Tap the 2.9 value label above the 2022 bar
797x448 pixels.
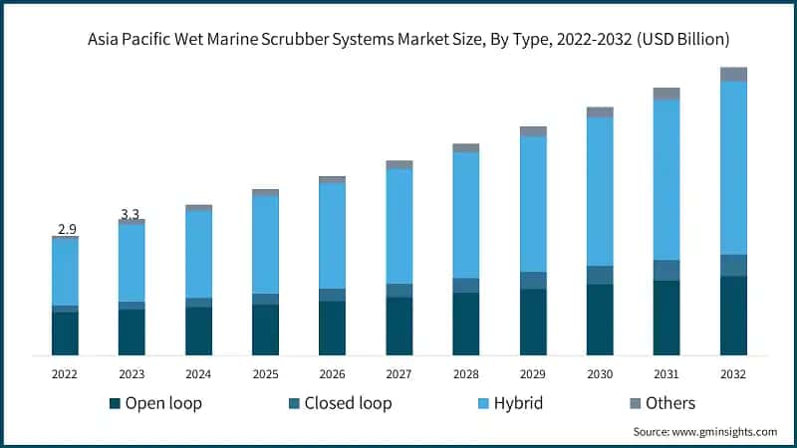67,229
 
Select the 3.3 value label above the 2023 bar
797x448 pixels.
131,214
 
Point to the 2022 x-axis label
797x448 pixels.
65,373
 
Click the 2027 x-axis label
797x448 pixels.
398,373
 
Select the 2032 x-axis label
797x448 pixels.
733,373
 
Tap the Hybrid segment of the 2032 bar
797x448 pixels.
733,167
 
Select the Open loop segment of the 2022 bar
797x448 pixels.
65,334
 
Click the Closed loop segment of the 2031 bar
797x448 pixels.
666,270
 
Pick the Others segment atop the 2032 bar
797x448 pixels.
733,74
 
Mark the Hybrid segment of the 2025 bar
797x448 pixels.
265,244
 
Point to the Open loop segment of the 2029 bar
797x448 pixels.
533,322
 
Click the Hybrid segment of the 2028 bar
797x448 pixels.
465,214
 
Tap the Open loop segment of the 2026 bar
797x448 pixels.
332,328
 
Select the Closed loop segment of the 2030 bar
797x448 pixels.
600,275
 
